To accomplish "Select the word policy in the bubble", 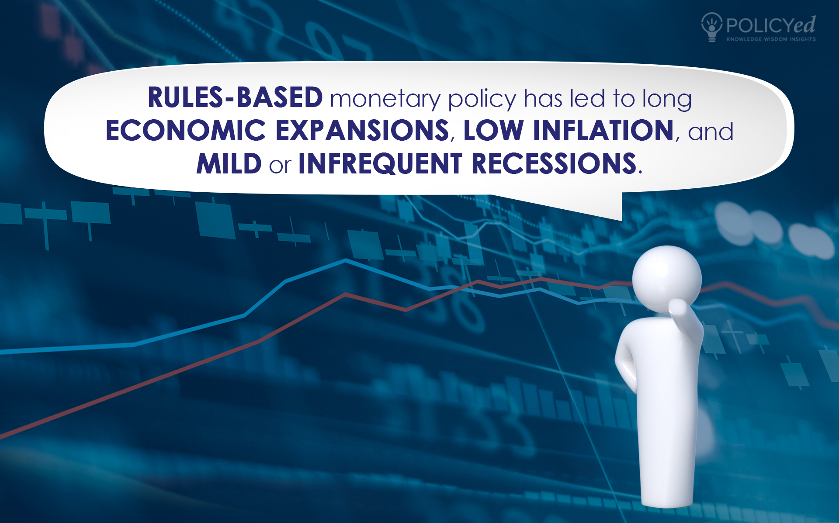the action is coord(482,99).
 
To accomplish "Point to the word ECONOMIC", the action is coord(186,130).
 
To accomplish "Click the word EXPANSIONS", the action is coord(362,130).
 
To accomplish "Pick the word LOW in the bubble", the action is coord(493,130).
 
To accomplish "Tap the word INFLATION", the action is coord(603,130).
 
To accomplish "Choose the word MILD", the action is coord(229,163).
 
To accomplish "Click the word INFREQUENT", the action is coord(380,163).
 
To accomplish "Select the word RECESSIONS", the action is coord(554,163).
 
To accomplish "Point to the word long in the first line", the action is coord(667,99).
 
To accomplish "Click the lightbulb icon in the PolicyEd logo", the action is coord(712,27).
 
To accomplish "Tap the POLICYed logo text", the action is coord(771,25).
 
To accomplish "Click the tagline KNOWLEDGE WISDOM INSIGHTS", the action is coord(771,39).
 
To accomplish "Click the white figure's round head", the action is coord(667,279).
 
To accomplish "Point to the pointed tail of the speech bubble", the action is coord(621,220).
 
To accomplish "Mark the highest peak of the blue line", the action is coord(346,260).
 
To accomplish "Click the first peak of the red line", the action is coord(345,295).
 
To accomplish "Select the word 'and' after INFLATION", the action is coord(711,132).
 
